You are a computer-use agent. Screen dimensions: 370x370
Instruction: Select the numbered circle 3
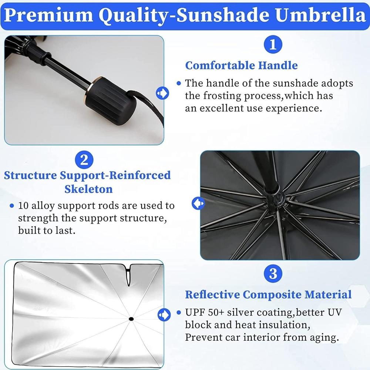pyautogui.click(x=273, y=274)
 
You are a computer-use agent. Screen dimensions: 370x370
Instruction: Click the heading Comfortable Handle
pyautogui.click(x=241, y=65)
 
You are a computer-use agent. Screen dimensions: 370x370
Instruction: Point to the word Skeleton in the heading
pyautogui.click(x=88, y=189)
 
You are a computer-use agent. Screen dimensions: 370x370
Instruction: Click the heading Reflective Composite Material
pyautogui.click(x=268, y=295)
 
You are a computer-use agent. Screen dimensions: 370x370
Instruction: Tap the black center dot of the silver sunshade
pyautogui.click(x=131, y=319)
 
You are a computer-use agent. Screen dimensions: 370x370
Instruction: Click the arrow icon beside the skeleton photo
pyautogui.click(x=197, y=203)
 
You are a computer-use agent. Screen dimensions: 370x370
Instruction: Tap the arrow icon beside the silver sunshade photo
pyautogui.click(x=163, y=314)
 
